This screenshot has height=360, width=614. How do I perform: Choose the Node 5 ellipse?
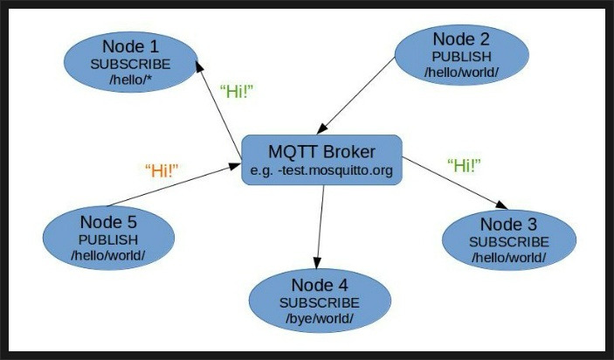(x=108, y=238)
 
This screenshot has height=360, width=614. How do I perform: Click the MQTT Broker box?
(x=321, y=159)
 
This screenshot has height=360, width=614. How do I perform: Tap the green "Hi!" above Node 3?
(x=464, y=165)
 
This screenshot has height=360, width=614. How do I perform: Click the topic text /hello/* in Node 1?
(x=131, y=80)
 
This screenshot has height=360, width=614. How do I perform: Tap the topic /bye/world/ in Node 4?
(x=319, y=319)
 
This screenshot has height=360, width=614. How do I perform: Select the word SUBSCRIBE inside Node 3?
(x=509, y=241)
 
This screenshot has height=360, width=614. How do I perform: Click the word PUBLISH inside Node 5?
(x=108, y=239)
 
